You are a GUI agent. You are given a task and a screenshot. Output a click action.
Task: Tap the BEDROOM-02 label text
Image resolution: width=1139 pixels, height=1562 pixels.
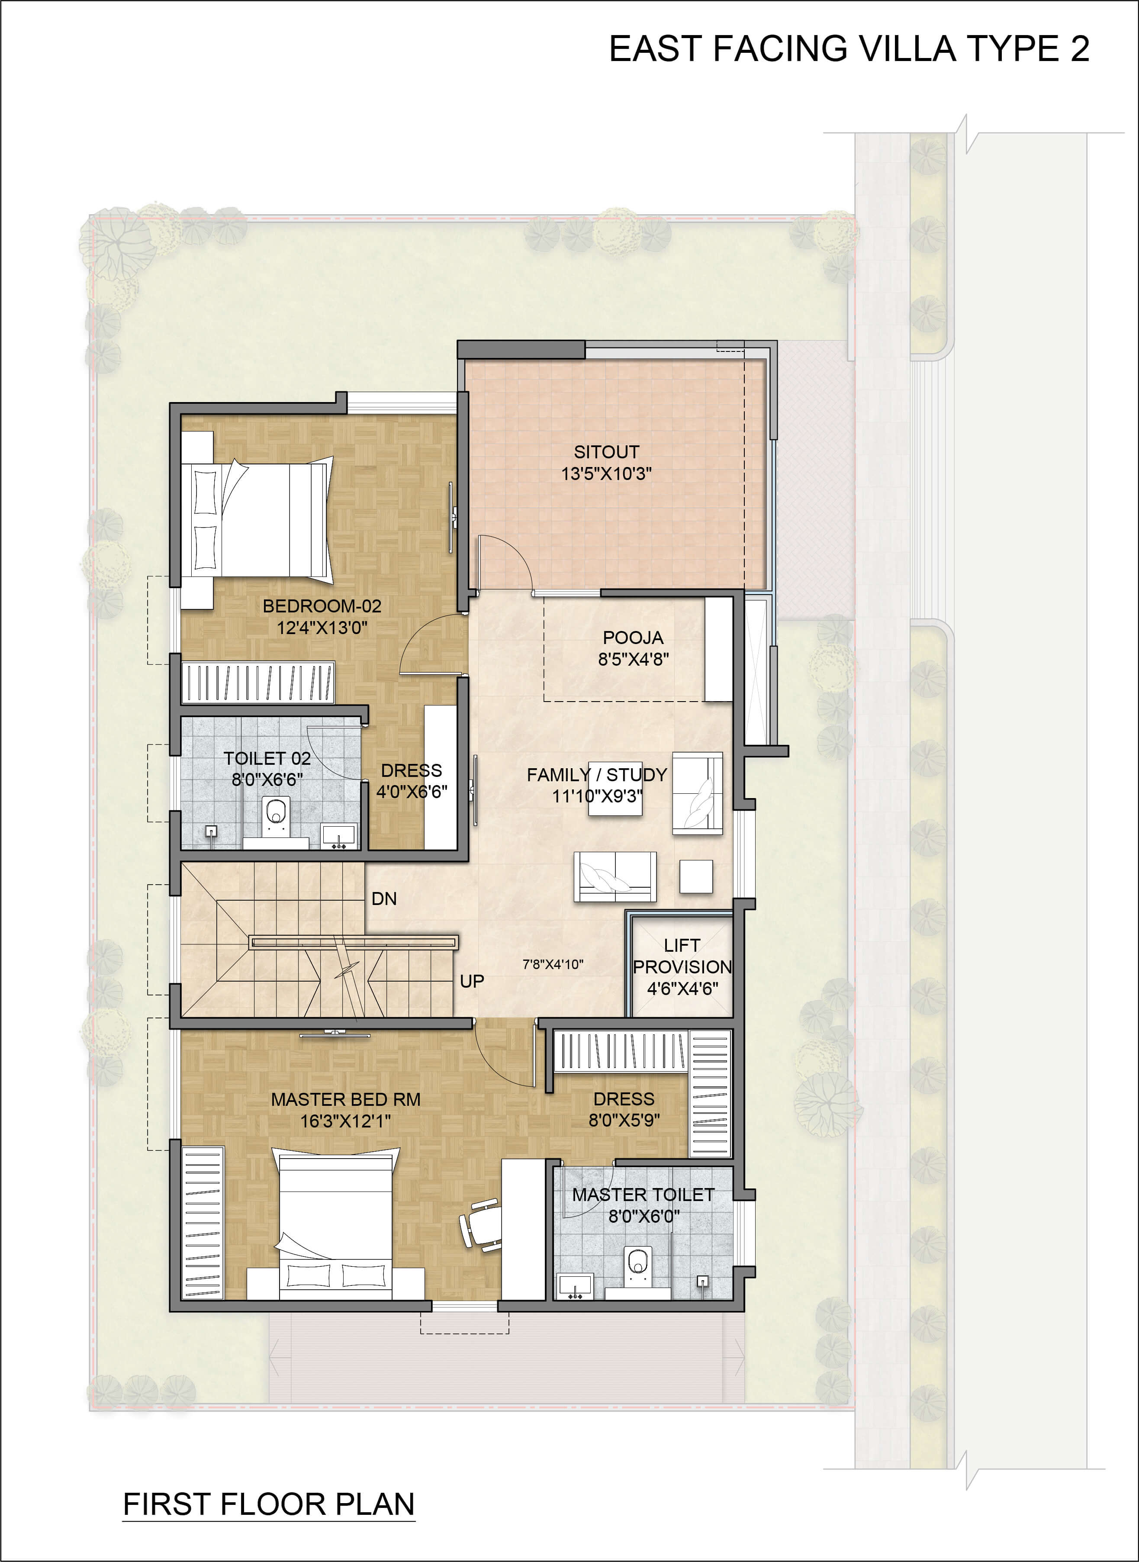[322, 606]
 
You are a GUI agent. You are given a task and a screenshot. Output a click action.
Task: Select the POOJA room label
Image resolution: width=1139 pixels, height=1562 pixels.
[633, 637]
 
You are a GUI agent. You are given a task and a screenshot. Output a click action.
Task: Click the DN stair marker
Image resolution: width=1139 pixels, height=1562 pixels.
[384, 899]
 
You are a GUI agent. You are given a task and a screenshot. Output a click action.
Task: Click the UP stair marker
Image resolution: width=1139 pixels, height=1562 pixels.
[472, 981]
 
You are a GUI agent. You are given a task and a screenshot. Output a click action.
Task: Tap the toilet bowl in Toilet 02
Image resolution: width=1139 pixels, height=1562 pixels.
[276, 817]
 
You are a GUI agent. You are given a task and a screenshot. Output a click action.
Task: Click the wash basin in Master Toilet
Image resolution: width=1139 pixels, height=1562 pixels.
[575, 1286]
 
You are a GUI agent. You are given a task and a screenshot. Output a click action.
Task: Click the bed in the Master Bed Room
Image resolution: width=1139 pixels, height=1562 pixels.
[336, 1224]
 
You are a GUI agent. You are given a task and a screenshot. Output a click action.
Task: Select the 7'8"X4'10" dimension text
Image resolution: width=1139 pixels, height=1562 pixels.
[553, 964]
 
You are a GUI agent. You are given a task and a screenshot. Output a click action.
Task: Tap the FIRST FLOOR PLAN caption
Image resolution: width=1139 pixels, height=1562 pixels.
[269, 1504]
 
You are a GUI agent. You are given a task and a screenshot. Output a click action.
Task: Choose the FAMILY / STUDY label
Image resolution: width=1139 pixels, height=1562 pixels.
[597, 774]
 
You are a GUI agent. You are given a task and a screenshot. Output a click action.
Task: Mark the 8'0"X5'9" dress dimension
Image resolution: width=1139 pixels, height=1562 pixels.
[624, 1120]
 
